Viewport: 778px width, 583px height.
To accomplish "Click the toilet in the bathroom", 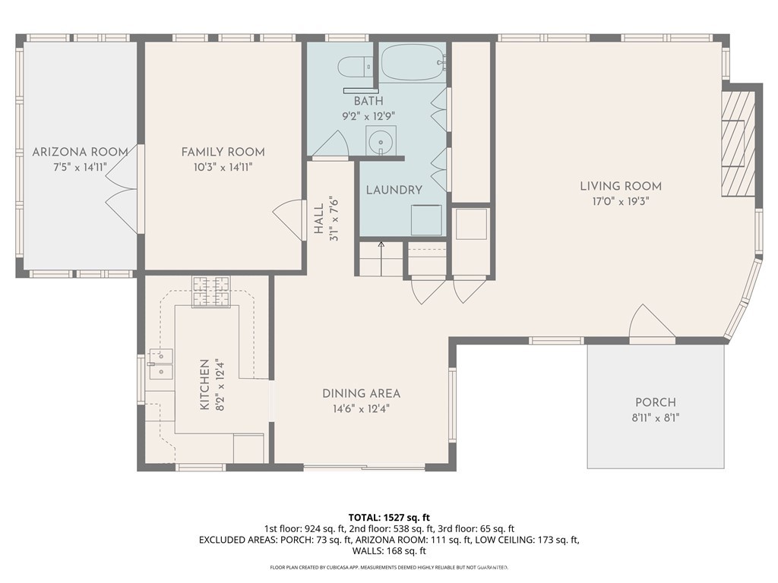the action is pyautogui.click(x=356, y=67).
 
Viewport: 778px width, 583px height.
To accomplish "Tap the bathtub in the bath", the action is pyautogui.click(x=414, y=62).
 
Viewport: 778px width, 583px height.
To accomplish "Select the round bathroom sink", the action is pyautogui.click(x=381, y=140).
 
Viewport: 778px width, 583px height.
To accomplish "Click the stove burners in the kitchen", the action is pyautogui.click(x=212, y=291).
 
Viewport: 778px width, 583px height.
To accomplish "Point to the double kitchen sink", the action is pyautogui.click(x=161, y=364).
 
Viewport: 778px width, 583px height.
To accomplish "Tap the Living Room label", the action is pyautogui.click(x=621, y=187).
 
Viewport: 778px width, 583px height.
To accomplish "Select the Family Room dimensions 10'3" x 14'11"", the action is pyautogui.click(x=223, y=168).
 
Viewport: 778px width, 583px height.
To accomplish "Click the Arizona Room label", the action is pyautogui.click(x=80, y=152).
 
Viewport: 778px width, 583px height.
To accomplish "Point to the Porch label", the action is pyautogui.click(x=656, y=402).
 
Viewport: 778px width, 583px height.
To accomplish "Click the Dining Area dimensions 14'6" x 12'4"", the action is pyautogui.click(x=361, y=409).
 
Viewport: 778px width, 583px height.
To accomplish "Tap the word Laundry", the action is pyautogui.click(x=394, y=190).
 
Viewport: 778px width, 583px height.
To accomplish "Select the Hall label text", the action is pyautogui.click(x=318, y=219).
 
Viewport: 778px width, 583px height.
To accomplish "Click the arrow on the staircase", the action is pyautogui.click(x=381, y=258).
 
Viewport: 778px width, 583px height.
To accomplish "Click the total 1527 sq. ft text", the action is pyautogui.click(x=388, y=518).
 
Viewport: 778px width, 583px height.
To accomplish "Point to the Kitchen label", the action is pyautogui.click(x=204, y=385).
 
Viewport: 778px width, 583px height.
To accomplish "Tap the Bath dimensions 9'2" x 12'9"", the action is pyautogui.click(x=368, y=117).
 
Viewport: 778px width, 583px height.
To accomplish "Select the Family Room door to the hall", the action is pyautogui.click(x=289, y=221).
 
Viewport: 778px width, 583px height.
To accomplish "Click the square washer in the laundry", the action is pyautogui.click(x=426, y=220).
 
